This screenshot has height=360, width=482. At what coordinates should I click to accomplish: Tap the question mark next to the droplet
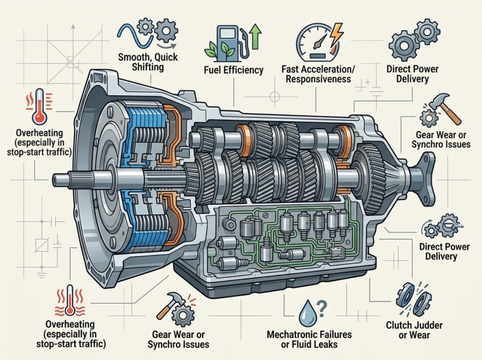321,309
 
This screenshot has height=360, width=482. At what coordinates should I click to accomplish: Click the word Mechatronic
291,335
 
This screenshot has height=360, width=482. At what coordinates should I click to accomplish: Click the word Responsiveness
318,79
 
